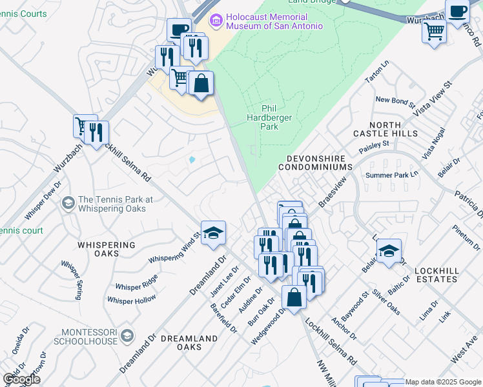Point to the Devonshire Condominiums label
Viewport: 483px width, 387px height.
click(315, 163)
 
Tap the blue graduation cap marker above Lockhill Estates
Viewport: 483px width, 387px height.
click(388, 251)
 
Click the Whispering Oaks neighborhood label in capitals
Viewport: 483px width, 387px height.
click(107, 249)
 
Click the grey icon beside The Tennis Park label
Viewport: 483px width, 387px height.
click(67, 204)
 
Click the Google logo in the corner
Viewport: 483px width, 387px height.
click(21, 379)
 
